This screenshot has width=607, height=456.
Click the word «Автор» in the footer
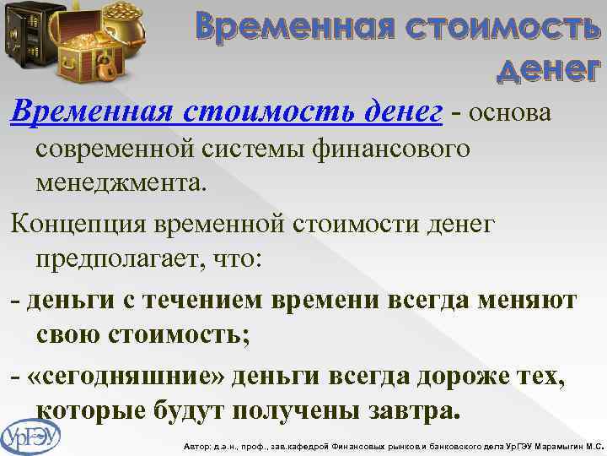pyautogui.click(x=196, y=445)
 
